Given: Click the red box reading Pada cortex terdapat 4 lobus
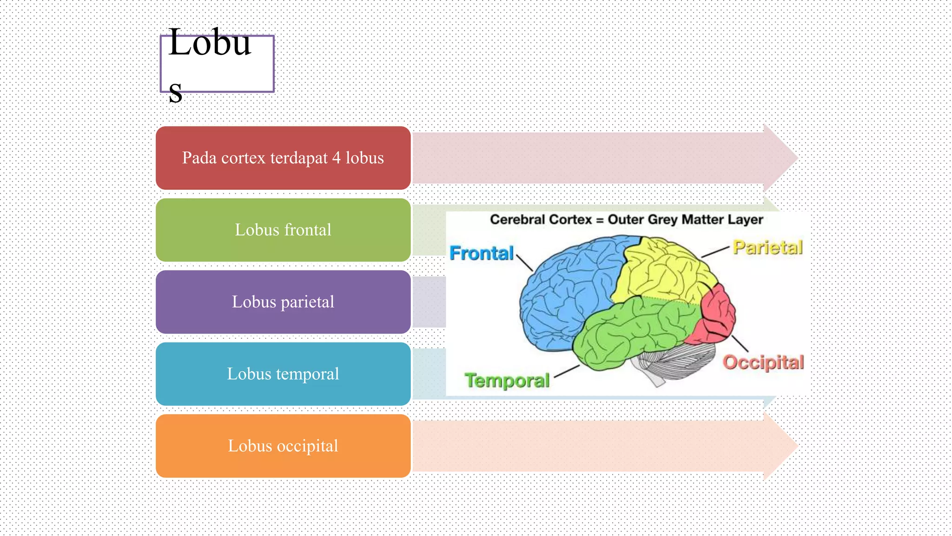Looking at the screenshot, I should [x=283, y=158].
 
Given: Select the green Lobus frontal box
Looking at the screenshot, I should [x=283, y=230].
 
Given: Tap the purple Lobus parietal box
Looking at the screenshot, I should [x=283, y=302].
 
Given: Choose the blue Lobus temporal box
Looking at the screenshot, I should [x=283, y=374].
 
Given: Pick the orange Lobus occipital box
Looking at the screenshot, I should [x=283, y=446].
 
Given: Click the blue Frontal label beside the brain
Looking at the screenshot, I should [x=482, y=253].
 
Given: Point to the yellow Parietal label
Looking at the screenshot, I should [x=768, y=247].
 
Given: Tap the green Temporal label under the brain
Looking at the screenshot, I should [x=507, y=380].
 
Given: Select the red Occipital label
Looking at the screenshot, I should [x=763, y=362].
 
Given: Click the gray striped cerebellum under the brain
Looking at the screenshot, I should [x=674, y=363].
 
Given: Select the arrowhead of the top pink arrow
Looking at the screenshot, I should [x=781, y=158].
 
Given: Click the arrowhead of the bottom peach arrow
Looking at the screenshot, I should [x=781, y=446].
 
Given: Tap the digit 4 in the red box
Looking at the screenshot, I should [x=336, y=158].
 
